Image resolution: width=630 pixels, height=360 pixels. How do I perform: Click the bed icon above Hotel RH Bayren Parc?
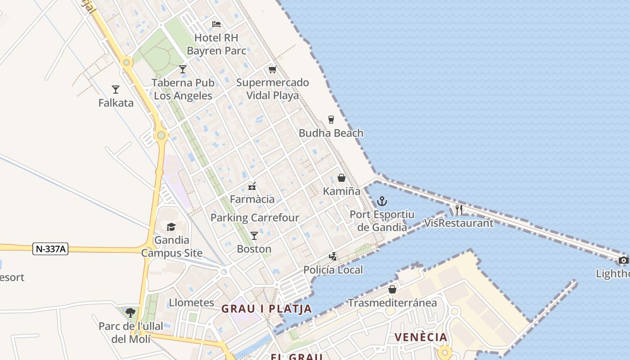pyautogui.click(x=216, y=24)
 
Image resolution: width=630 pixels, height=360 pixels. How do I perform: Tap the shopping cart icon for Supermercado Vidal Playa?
pyautogui.click(x=272, y=69)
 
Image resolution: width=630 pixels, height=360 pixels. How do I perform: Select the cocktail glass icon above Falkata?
pyautogui.click(x=116, y=90)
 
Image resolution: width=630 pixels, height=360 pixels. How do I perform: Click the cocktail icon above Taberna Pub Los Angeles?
pyautogui.click(x=183, y=69)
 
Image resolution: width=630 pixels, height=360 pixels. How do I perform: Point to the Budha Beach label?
pyautogui.click(x=331, y=133)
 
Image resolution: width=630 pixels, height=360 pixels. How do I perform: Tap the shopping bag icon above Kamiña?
pyautogui.click(x=342, y=178)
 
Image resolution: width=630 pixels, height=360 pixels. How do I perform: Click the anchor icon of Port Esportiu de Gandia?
pyautogui.click(x=382, y=201)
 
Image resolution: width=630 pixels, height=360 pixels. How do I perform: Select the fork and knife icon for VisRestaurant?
pyautogui.click(x=459, y=209)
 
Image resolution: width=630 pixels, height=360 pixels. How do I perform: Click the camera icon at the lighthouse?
pyautogui.click(x=623, y=260)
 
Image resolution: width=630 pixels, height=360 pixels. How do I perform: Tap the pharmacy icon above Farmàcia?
pyautogui.click(x=252, y=186)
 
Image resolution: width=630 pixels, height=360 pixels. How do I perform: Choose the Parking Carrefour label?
pyautogui.click(x=255, y=218)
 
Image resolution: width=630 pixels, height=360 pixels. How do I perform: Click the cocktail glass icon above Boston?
pyautogui.click(x=254, y=236)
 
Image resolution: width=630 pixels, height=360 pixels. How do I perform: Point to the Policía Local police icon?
pyautogui.click(x=333, y=256)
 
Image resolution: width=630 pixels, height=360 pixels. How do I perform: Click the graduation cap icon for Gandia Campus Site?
pyautogui.click(x=171, y=227)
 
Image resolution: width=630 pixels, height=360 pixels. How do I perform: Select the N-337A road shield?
pyautogui.click(x=50, y=249)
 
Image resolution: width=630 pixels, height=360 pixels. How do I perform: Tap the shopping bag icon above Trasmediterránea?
pyautogui.click(x=392, y=289)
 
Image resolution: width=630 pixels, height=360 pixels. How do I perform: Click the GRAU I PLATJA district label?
pyautogui.click(x=266, y=309)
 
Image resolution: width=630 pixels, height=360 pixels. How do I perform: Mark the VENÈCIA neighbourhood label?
pyautogui.click(x=421, y=337)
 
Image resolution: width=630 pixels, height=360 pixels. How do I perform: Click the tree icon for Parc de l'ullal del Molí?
pyautogui.click(x=130, y=312)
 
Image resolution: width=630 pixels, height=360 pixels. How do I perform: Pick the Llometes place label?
pyautogui.click(x=191, y=302)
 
